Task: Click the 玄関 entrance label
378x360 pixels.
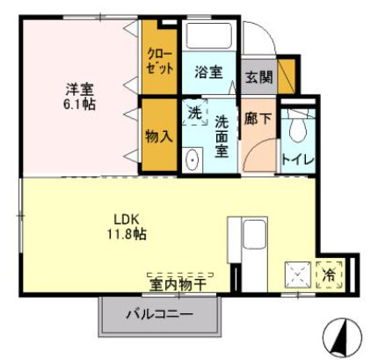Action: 258,77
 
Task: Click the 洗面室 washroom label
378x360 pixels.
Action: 222,136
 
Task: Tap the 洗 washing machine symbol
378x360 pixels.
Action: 195,112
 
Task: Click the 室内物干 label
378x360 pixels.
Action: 177,283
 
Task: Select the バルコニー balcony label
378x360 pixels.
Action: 158,313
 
